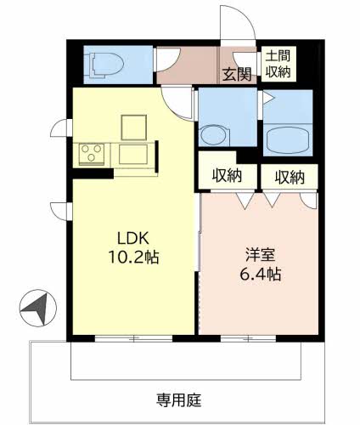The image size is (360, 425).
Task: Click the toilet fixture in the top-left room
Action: coord(106,65)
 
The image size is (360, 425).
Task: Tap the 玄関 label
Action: coord(237,74)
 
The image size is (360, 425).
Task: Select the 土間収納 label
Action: coord(278,64)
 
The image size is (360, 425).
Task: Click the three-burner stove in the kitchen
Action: coord(92,155)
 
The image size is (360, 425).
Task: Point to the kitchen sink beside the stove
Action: coord(133,154)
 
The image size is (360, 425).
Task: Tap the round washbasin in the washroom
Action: coord(214,135)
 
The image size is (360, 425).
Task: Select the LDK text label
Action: coord(133,238)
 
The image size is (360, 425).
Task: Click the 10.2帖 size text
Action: coord(133,258)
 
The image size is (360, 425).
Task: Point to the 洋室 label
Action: coord(260,254)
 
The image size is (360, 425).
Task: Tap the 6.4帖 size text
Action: coord(261,274)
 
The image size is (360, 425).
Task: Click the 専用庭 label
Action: coord(179,400)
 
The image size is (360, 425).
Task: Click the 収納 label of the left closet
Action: coord(227,176)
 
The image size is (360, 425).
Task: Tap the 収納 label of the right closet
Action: coord(290,178)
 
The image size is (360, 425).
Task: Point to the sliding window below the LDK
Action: coord(133,338)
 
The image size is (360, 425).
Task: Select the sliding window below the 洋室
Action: coord(248,338)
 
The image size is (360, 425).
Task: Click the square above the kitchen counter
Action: coord(134,127)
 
